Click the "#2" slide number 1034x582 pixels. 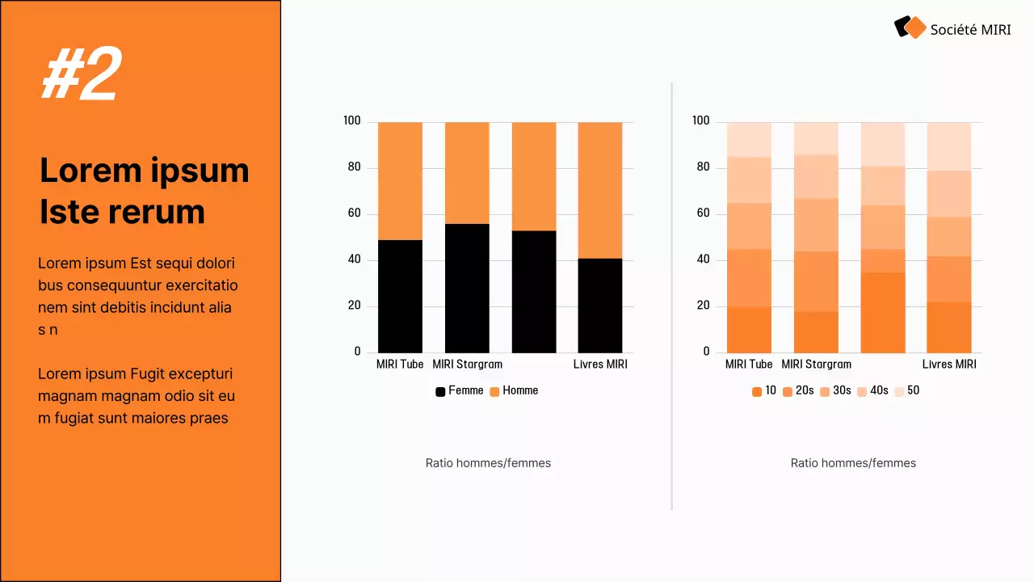pyautogui.click(x=81, y=74)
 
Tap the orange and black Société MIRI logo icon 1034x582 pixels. pyautogui.click(x=910, y=27)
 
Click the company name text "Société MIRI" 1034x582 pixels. pyautogui.click(x=970, y=30)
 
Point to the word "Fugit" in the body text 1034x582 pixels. pyautogui.click(x=151, y=373)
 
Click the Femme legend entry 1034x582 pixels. pyautogui.click(x=460, y=390)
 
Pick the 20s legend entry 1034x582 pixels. pyautogui.click(x=798, y=390)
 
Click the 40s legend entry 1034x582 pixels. pyautogui.click(x=872, y=390)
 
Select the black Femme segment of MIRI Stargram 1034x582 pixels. pyautogui.click(x=467, y=288)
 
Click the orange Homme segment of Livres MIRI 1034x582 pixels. pyautogui.click(x=600, y=190)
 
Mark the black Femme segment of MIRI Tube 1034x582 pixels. pyautogui.click(x=400, y=296)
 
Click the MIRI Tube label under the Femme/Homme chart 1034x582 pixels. pyautogui.click(x=400, y=365)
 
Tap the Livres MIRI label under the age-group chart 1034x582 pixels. pyautogui.click(x=949, y=365)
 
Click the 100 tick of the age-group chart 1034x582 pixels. pyautogui.click(x=700, y=121)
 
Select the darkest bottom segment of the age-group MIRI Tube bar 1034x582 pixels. pyautogui.click(x=749, y=330)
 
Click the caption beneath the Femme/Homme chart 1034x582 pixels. pyautogui.click(x=488, y=463)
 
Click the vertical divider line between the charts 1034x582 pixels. pyautogui.click(x=672, y=295)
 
